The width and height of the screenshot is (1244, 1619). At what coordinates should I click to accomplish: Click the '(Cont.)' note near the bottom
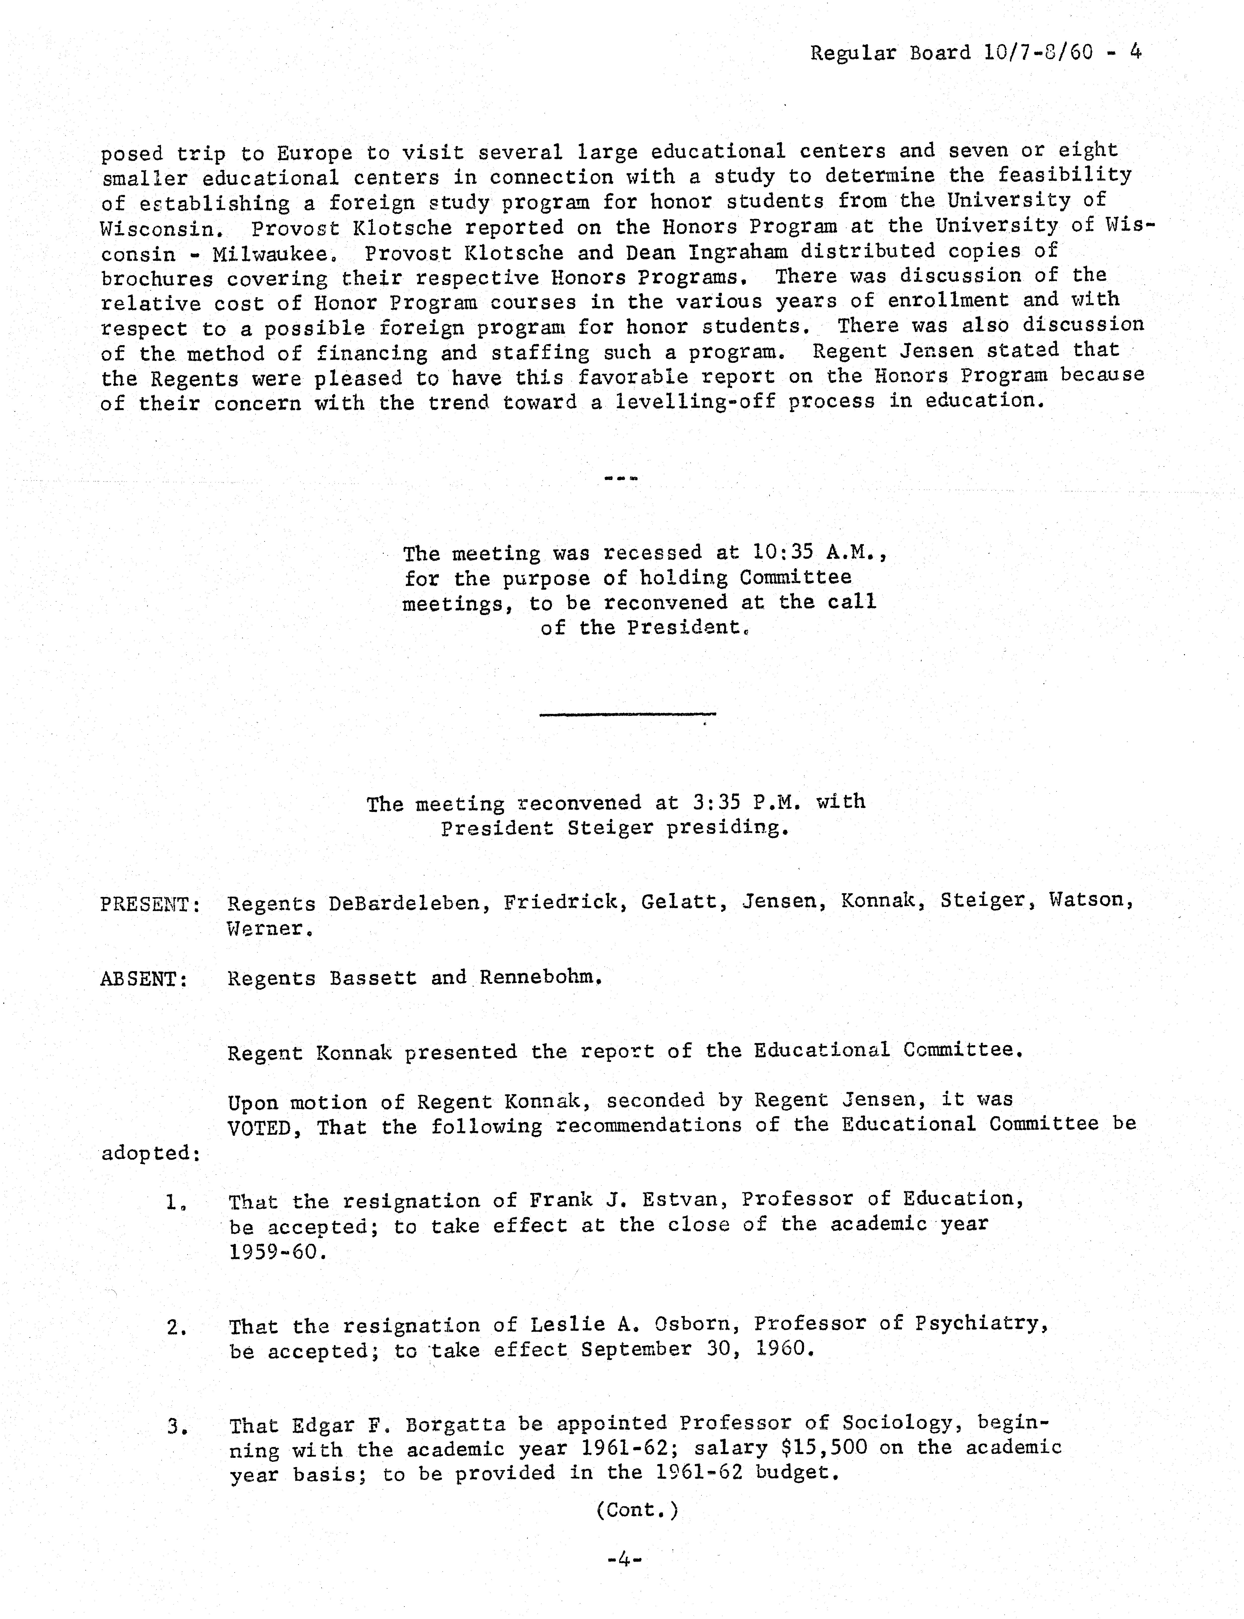(x=637, y=1509)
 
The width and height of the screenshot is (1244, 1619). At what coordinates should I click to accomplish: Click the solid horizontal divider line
(x=627, y=714)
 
